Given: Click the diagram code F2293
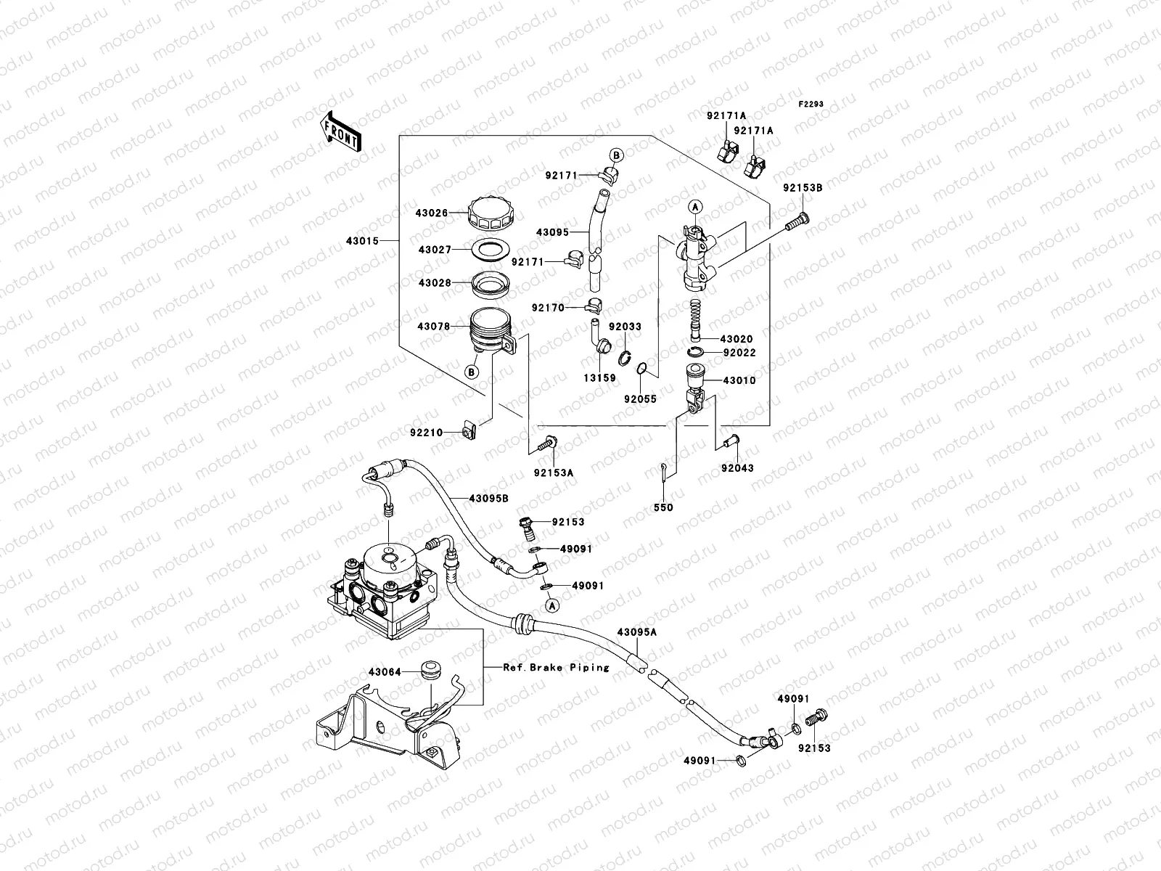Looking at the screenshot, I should coord(811,105).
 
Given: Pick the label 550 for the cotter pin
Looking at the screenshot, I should coord(663,507).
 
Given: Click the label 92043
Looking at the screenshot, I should coord(737,468).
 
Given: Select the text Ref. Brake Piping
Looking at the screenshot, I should coord(556,667).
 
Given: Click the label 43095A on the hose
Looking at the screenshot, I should coord(636,632).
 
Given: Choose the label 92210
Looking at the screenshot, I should coord(426,433).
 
